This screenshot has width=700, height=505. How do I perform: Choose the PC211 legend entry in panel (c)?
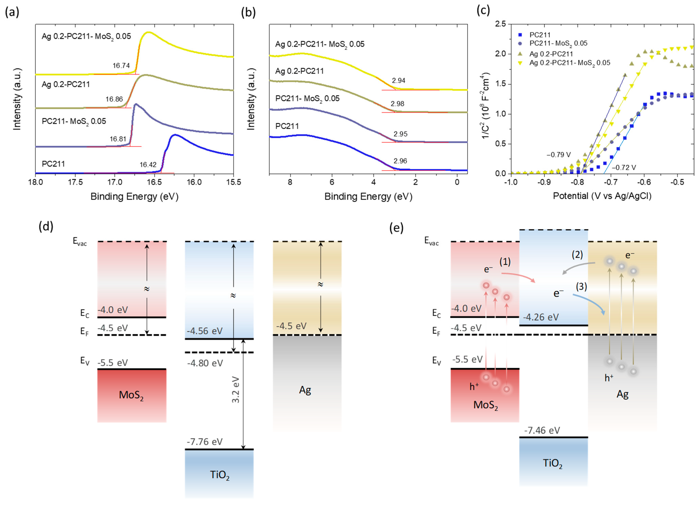(540, 35)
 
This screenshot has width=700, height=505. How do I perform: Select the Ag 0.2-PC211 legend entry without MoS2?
(551, 54)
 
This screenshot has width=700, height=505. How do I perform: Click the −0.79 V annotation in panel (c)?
(559, 155)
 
